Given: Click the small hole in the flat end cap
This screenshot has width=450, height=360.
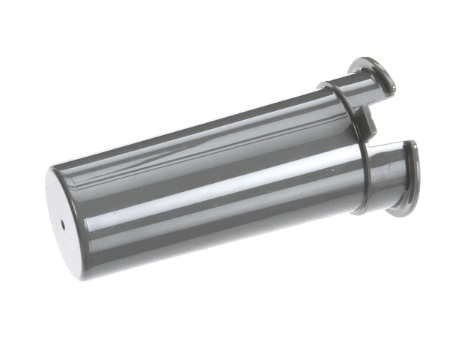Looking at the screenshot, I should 63,223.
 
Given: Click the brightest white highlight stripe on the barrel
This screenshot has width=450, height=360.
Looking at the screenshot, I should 225,190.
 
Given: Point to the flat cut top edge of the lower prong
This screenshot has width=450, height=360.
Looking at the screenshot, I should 390,145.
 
